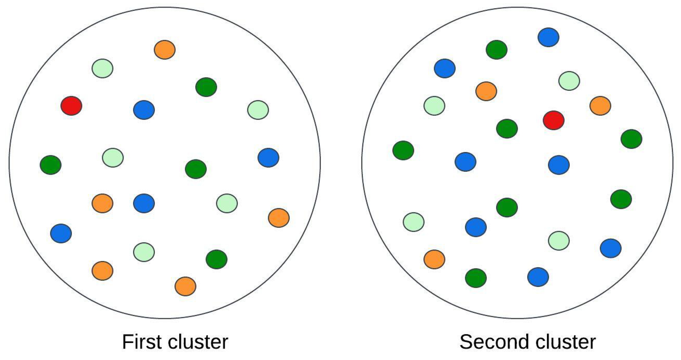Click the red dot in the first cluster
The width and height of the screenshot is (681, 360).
tap(71, 106)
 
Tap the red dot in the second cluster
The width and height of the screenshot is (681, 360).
tap(554, 120)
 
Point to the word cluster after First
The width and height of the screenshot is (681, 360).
tap(198, 342)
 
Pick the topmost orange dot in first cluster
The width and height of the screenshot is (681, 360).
tap(165, 50)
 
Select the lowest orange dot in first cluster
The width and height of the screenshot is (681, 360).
tap(185, 286)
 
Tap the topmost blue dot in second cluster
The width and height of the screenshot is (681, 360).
tap(548, 37)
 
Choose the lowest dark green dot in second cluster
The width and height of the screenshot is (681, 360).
tap(476, 278)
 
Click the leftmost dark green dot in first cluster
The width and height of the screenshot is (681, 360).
tap(51, 165)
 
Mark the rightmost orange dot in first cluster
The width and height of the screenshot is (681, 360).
tap(279, 218)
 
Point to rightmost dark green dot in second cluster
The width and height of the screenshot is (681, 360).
tap(631, 139)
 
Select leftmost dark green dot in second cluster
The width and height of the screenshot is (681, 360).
tap(403, 151)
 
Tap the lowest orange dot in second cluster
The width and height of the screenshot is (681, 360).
tap(434, 259)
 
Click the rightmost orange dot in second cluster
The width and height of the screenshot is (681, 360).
tap(600, 106)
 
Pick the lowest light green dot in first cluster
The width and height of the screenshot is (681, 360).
tap(144, 252)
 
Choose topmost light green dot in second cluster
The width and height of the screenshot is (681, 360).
tap(569, 81)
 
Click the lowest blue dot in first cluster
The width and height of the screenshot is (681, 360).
tap(61, 233)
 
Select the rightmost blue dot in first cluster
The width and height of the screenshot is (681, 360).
tap(268, 158)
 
